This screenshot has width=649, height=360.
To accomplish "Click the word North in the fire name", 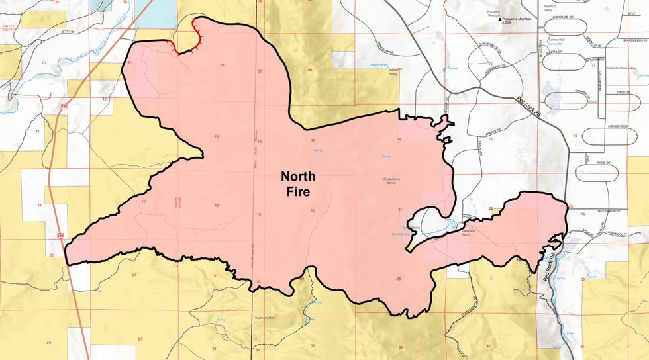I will click(299, 177).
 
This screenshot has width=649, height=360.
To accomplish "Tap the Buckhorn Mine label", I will click(264, 318).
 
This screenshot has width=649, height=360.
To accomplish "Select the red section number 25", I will click(140, 339).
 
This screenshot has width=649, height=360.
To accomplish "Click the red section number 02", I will click(44, 63).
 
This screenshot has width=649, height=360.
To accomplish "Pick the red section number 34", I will click(488, 346).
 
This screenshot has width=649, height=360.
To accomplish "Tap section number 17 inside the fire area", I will click(312, 141).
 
